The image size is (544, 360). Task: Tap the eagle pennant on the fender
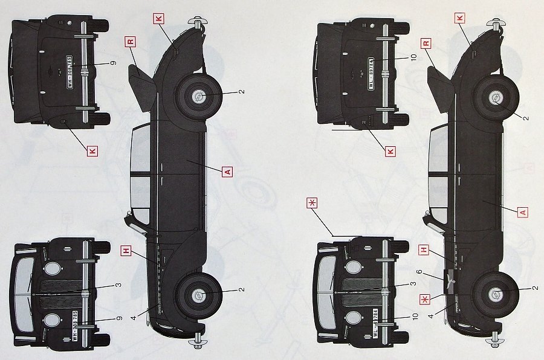click(450, 279)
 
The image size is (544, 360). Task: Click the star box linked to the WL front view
click(312, 204)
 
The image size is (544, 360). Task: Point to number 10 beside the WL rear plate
click(413, 57)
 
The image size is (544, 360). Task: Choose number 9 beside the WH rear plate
click(113, 63)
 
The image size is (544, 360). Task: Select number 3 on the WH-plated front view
click(118, 285)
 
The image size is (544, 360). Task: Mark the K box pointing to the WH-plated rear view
click(92, 151)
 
